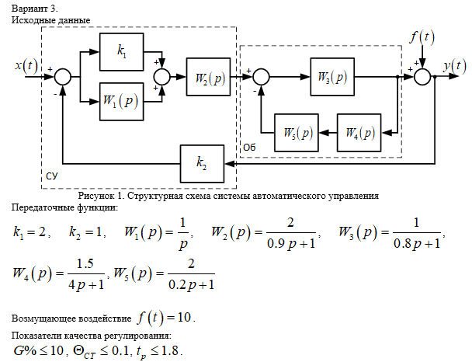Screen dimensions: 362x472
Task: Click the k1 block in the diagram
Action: (122, 52)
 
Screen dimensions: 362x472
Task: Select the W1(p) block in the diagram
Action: (122, 101)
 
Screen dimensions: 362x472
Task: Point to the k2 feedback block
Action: (201, 162)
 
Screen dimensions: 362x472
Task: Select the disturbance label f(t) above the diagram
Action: (422, 37)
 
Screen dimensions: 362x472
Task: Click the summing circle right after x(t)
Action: (63, 76)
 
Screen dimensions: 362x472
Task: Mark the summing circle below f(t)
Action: (422, 76)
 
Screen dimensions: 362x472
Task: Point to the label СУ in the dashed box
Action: (52, 176)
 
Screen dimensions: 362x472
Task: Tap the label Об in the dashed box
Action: (249, 146)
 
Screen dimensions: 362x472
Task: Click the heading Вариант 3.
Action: (33, 7)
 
